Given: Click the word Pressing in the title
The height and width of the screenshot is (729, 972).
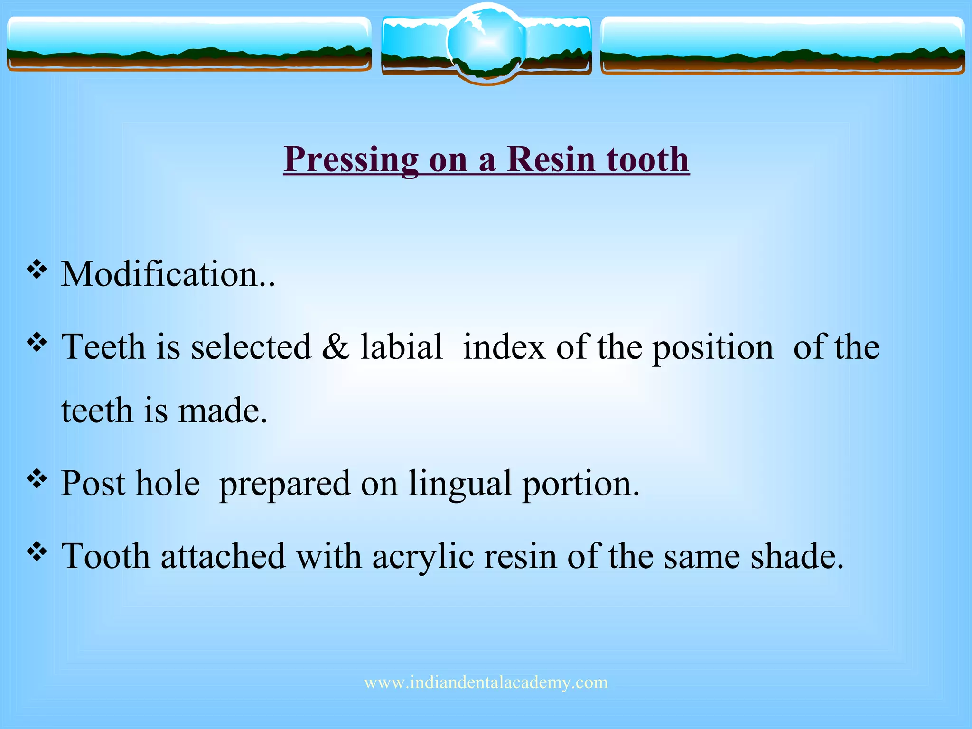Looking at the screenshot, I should tap(351, 160).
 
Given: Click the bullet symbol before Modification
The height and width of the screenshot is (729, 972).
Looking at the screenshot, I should tap(37, 270).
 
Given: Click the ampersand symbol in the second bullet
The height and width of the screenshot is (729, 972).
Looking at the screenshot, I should tap(335, 346).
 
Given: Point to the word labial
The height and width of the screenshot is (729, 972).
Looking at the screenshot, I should tap(402, 346).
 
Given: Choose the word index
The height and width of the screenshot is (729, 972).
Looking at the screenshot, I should tap(504, 347).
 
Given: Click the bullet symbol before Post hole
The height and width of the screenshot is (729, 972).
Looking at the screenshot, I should tap(37, 479).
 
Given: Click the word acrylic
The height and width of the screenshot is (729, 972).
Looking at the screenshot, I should tap(423, 557).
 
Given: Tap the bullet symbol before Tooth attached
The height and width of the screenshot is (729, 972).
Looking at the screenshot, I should tap(37, 551).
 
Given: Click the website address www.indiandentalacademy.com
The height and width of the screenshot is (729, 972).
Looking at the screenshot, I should tap(486, 682).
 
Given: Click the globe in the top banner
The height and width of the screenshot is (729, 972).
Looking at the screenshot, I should tap(486, 43).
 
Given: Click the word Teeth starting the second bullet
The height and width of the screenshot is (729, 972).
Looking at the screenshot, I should tap(103, 346).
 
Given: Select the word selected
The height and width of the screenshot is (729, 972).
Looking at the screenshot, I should tap(251, 346).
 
